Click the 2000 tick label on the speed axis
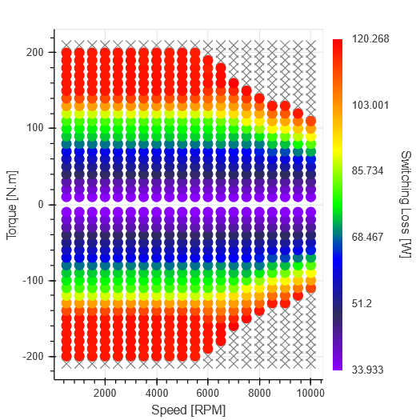105,394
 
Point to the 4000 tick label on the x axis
156,394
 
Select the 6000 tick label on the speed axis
208,394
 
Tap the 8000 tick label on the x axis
259,394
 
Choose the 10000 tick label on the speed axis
309,394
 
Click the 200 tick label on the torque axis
36,52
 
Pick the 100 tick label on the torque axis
36,128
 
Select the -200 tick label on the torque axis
34,356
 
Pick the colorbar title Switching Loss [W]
406,204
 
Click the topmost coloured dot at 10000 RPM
310,121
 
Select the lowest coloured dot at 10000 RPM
310,287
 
